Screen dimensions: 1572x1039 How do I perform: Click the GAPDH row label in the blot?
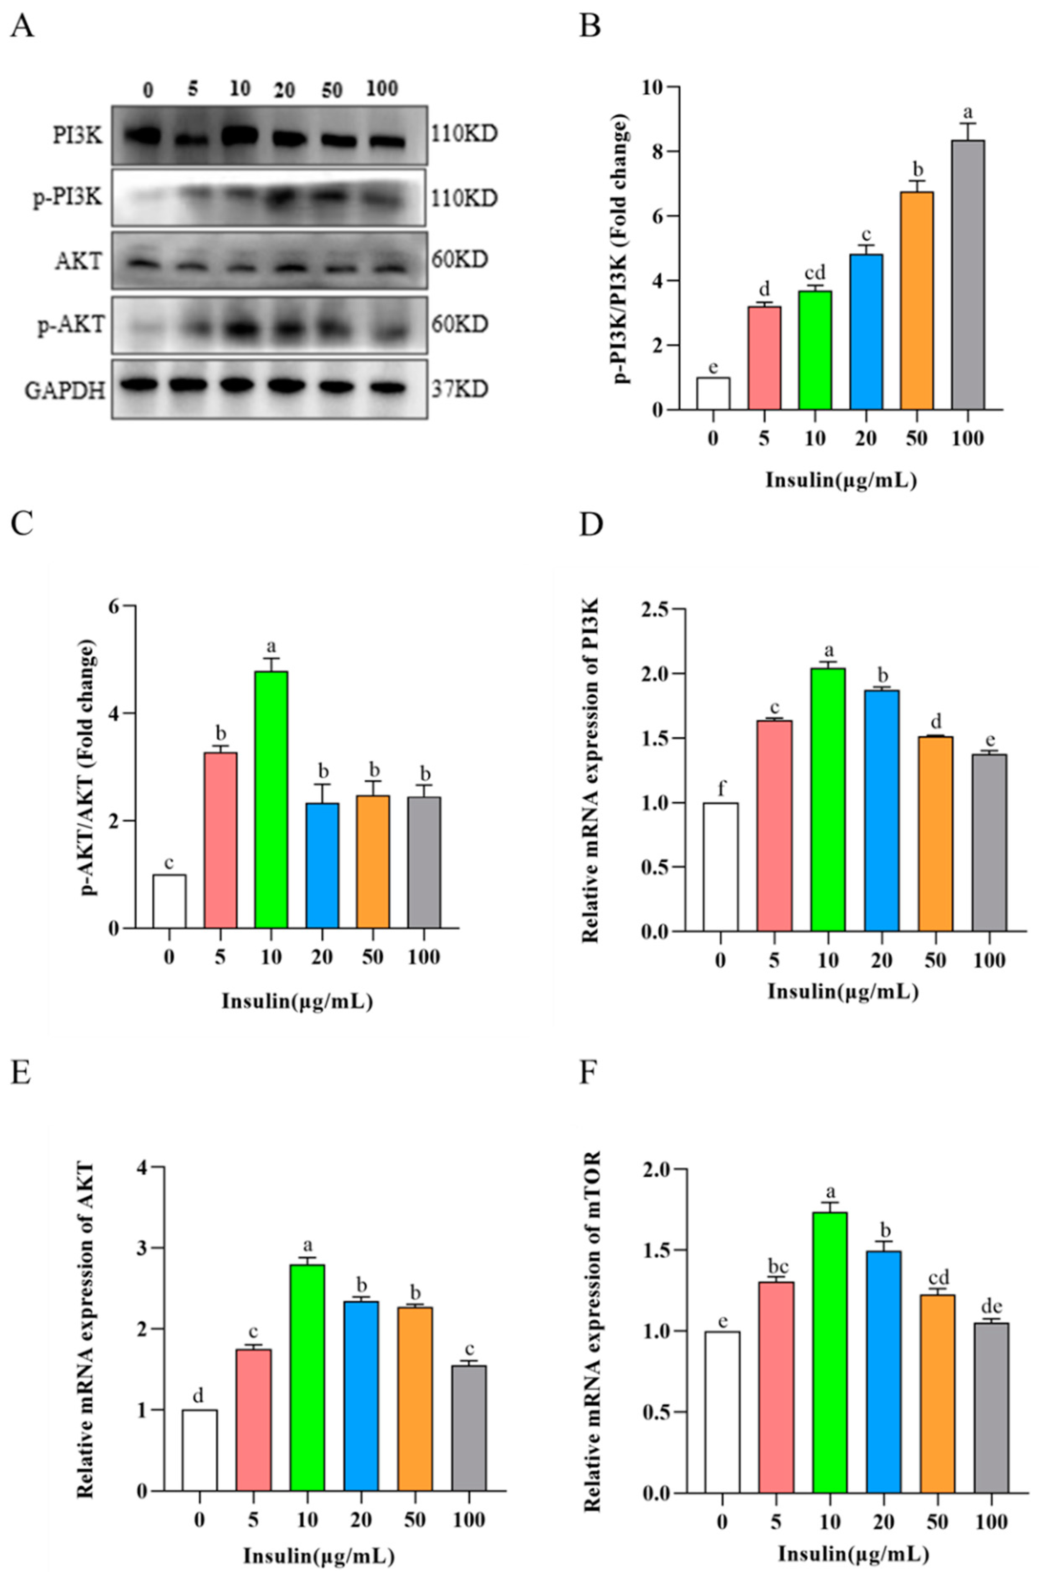coord(65,390)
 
